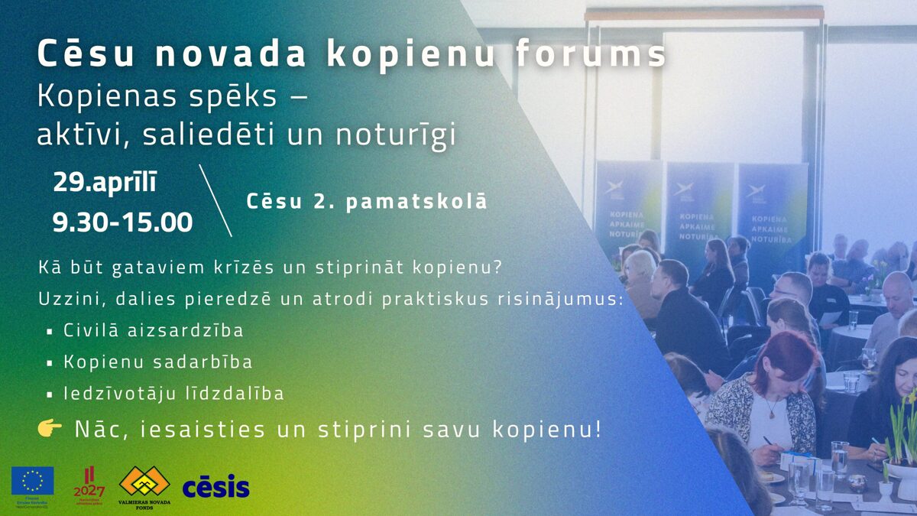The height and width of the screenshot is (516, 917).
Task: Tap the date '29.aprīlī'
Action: click(105, 183)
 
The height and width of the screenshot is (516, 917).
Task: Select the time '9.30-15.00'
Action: click(122, 222)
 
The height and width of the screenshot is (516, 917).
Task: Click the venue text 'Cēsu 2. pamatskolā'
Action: click(367, 202)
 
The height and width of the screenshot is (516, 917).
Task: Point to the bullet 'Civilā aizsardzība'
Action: click(154, 331)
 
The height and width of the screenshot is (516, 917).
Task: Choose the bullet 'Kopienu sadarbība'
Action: click(158, 362)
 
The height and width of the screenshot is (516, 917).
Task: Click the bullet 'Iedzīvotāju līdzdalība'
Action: click(173, 394)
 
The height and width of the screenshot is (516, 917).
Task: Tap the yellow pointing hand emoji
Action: click(50, 429)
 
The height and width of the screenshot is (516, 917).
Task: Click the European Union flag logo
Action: click(33, 481)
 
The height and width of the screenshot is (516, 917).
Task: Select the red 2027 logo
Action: click(89, 484)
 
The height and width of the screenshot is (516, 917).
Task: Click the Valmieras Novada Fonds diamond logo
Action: click(144, 482)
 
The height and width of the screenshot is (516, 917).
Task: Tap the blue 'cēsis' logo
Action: click(215, 485)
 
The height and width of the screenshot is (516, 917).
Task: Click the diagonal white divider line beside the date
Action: click(215, 200)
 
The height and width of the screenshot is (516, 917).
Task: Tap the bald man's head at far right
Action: click(897, 289)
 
